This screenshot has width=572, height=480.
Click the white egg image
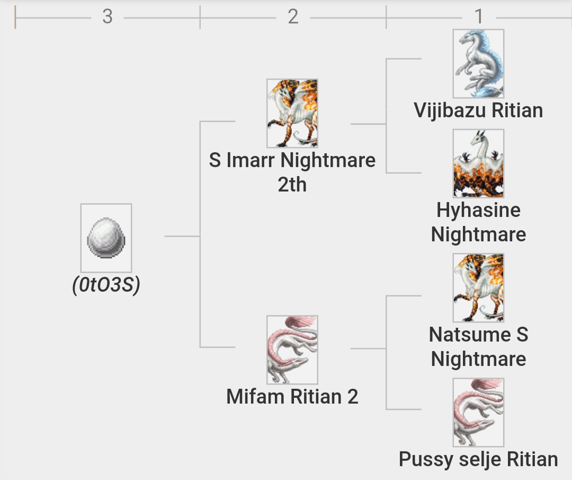click(x=106, y=238)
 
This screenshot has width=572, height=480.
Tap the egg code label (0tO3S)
click(x=106, y=285)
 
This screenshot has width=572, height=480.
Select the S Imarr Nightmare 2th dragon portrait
click(x=292, y=114)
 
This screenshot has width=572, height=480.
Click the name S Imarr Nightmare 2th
click(x=292, y=172)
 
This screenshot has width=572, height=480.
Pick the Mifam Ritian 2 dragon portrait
click(x=292, y=350)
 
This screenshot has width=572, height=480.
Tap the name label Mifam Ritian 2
click(x=292, y=397)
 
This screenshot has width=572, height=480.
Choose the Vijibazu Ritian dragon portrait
click(x=478, y=64)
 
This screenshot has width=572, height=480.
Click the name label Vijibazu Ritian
click(x=478, y=110)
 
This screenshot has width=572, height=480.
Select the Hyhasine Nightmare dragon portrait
click(x=478, y=163)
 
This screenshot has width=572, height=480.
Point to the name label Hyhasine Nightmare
click(x=478, y=222)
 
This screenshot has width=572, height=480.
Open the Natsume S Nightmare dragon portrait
click(x=478, y=287)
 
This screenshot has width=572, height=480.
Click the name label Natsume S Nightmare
click(x=478, y=347)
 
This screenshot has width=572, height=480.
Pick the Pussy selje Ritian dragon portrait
click(x=478, y=412)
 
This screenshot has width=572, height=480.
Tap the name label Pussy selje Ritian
click(x=478, y=459)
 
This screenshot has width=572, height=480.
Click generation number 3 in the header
click(x=108, y=17)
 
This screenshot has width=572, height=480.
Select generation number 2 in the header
click(x=293, y=17)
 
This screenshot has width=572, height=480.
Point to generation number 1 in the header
click(x=479, y=17)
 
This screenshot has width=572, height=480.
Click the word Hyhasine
click(x=478, y=211)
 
